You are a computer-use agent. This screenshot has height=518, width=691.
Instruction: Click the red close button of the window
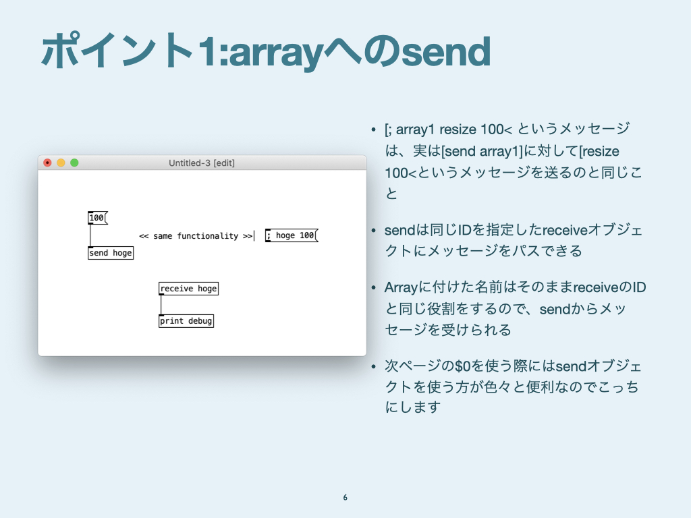click(48, 163)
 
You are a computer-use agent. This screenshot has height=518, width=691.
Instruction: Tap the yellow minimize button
click(61, 163)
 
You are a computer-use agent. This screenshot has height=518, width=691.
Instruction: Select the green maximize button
click(74, 163)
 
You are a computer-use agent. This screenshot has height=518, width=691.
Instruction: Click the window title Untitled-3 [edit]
click(201, 163)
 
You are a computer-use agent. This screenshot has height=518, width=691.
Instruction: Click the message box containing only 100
click(97, 218)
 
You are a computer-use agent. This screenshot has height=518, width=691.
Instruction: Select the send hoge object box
click(111, 253)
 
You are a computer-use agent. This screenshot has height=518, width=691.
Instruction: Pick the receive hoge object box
click(189, 289)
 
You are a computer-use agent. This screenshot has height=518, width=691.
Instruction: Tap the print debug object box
click(186, 320)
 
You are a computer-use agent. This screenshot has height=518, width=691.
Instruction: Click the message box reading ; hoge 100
click(292, 235)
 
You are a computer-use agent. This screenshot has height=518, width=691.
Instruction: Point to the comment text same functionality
click(196, 236)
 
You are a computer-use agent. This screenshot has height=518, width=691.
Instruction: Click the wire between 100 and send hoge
click(90, 235)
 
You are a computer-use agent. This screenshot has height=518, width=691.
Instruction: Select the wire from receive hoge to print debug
click(161, 305)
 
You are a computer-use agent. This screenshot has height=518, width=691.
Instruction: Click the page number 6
click(345, 497)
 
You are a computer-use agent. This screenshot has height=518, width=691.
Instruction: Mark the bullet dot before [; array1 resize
click(374, 129)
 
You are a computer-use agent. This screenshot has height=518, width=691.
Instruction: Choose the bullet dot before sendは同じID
click(374, 231)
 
